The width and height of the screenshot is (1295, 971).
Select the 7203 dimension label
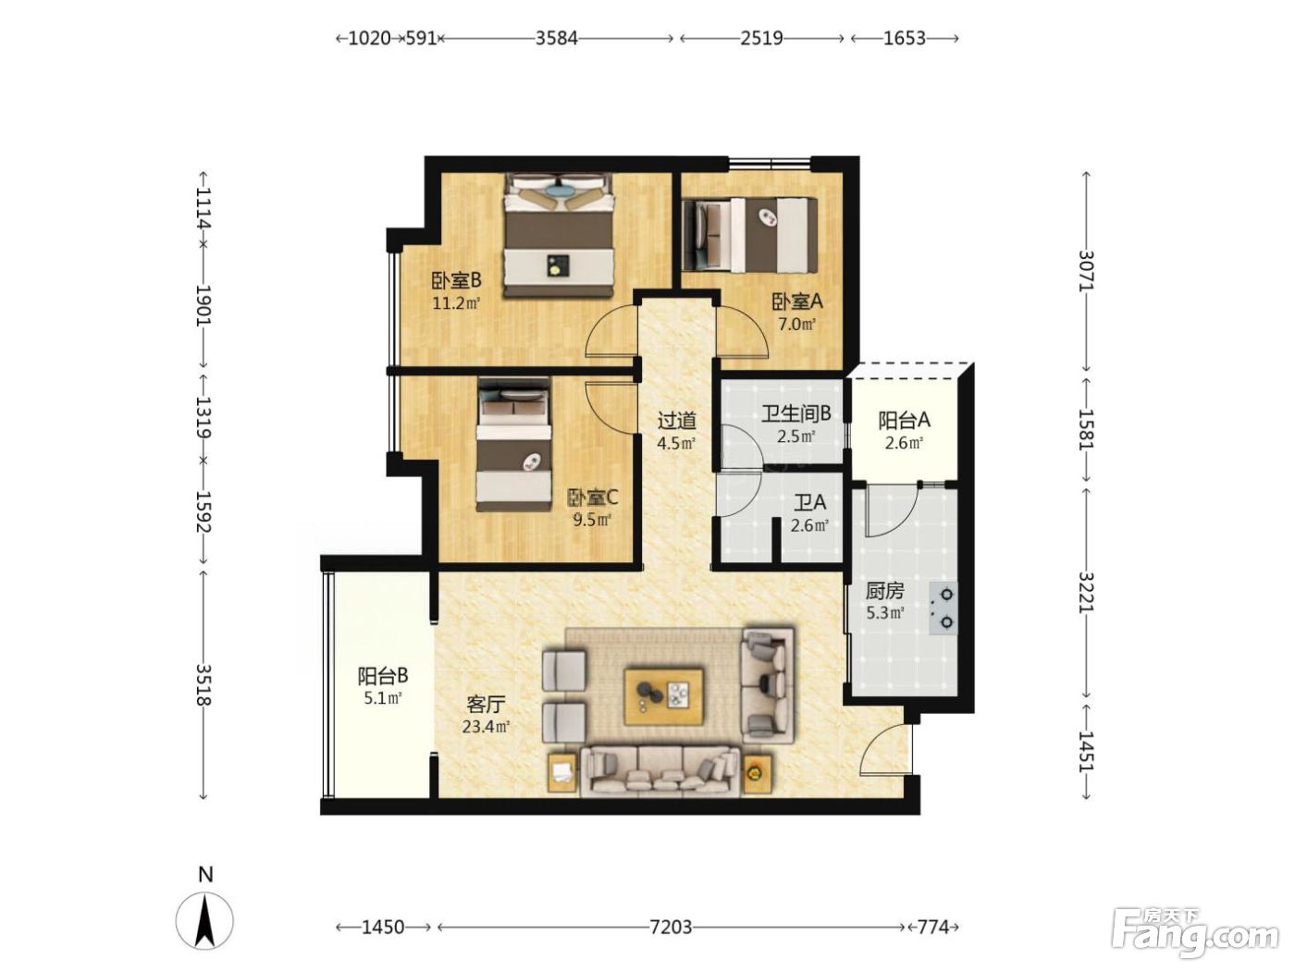(x=671, y=928)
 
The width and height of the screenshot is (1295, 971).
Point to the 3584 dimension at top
(x=556, y=38)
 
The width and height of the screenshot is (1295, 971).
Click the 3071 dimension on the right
(x=1086, y=270)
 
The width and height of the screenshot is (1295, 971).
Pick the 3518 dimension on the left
(x=203, y=684)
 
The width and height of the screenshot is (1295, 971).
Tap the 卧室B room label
(x=457, y=280)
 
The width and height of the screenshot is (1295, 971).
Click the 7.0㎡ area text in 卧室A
(x=797, y=325)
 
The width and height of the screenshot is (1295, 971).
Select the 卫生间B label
(x=795, y=414)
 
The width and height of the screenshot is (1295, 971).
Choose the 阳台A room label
(x=904, y=421)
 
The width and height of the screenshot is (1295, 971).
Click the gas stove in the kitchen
(x=943, y=608)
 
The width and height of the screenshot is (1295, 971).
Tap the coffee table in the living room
(x=664, y=696)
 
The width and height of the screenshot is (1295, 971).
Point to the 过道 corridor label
(x=677, y=421)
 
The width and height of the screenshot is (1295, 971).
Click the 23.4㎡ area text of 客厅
(x=486, y=726)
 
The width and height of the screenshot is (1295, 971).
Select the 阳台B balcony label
(x=383, y=676)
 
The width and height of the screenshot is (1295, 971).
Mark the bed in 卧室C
(x=514, y=445)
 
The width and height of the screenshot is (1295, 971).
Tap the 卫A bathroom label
(x=809, y=503)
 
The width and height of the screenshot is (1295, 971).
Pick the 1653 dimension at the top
(x=904, y=38)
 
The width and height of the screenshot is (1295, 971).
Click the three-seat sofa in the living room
(x=660, y=772)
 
